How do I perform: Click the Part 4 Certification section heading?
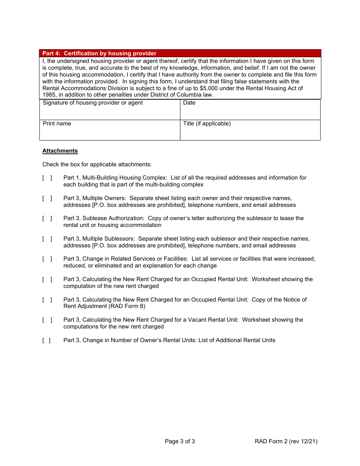[99, 53]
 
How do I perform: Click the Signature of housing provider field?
[110, 110]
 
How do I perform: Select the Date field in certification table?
[250, 110]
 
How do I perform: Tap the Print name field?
[110, 130]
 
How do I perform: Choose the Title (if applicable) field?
[250, 130]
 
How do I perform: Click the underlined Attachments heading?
[60, 151]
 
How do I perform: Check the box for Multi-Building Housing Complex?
[47, 178]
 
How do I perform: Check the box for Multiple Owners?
[47, 198]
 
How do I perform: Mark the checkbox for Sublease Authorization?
[47, 218]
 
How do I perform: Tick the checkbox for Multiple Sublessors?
[47, 239]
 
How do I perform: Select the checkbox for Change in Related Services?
[47, 259]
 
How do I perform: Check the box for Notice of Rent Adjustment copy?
[47, 300]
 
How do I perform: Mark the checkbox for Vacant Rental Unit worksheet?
[47, 320]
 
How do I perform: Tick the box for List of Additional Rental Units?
[46, 340]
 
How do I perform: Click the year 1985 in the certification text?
[49, 95]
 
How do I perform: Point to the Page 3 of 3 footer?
[180, 441]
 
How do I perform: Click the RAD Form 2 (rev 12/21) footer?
[286, 441]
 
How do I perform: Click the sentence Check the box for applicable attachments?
[97, 164]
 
